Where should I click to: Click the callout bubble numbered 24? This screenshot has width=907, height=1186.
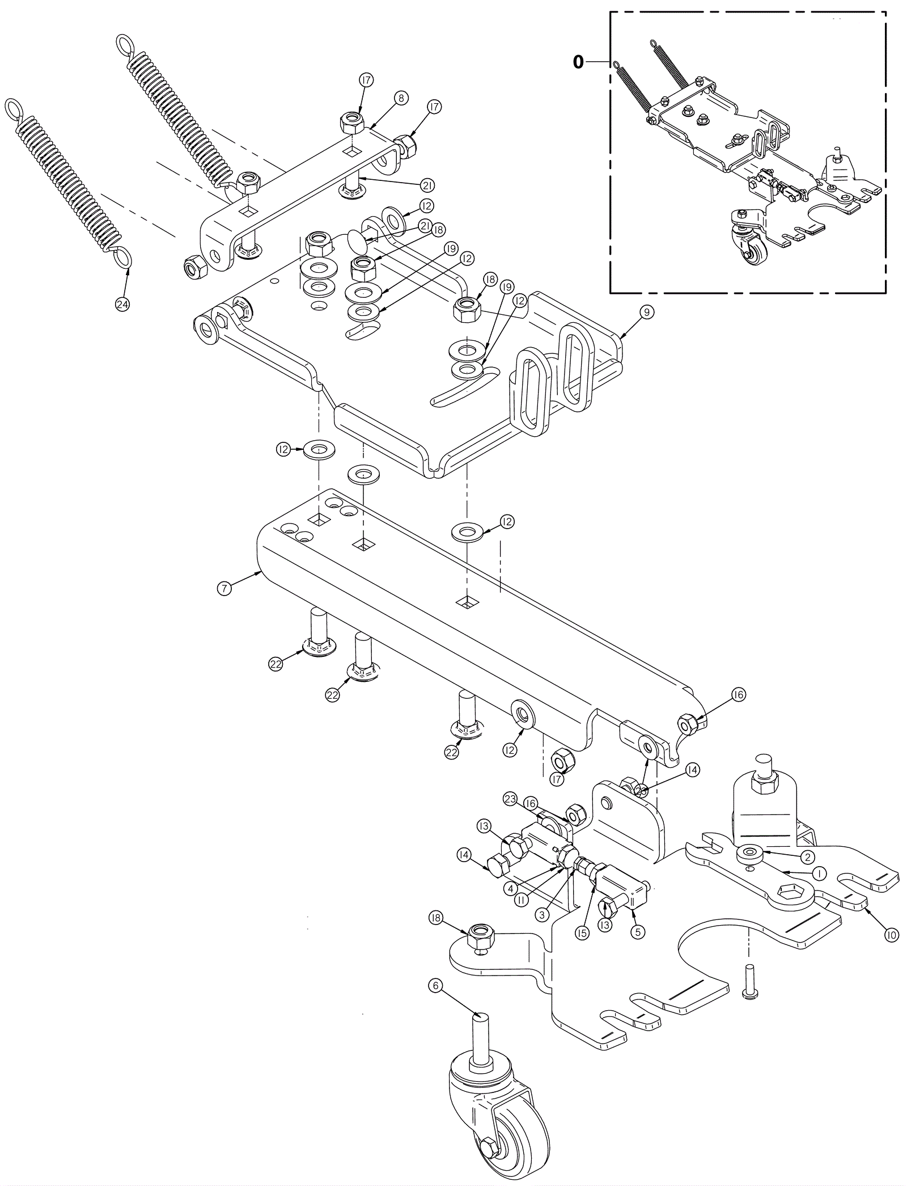122,305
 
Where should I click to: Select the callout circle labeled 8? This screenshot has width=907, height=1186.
401,98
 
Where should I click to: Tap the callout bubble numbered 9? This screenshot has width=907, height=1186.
647,311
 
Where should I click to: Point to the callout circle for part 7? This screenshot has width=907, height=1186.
224,589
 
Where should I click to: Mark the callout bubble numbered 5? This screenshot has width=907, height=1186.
638,931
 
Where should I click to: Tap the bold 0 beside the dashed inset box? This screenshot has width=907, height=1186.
578,62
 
